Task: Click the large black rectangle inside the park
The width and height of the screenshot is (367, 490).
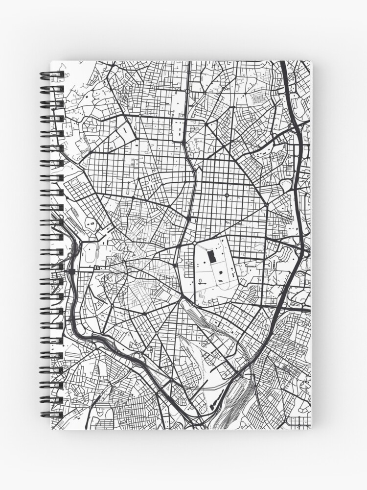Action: (x=212, y=256)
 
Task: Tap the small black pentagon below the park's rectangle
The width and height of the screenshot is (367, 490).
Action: (x=221, y=271)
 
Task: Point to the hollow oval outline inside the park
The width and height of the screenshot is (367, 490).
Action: (x=202, y=281)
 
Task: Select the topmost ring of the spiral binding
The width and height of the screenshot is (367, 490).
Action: (x=52, y=75)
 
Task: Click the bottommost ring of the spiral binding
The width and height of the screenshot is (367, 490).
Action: (x=52, y=414)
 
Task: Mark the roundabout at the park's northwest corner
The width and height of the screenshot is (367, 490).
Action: (x=195, y=242)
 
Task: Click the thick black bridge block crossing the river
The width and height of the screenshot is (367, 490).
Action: (x=72, y=270)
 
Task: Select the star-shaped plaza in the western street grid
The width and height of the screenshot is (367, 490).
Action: (x=133, y=197)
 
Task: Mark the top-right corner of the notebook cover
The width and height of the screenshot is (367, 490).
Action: (x=310, y=61)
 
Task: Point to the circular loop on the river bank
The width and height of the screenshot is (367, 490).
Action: (x=92, y=224)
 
